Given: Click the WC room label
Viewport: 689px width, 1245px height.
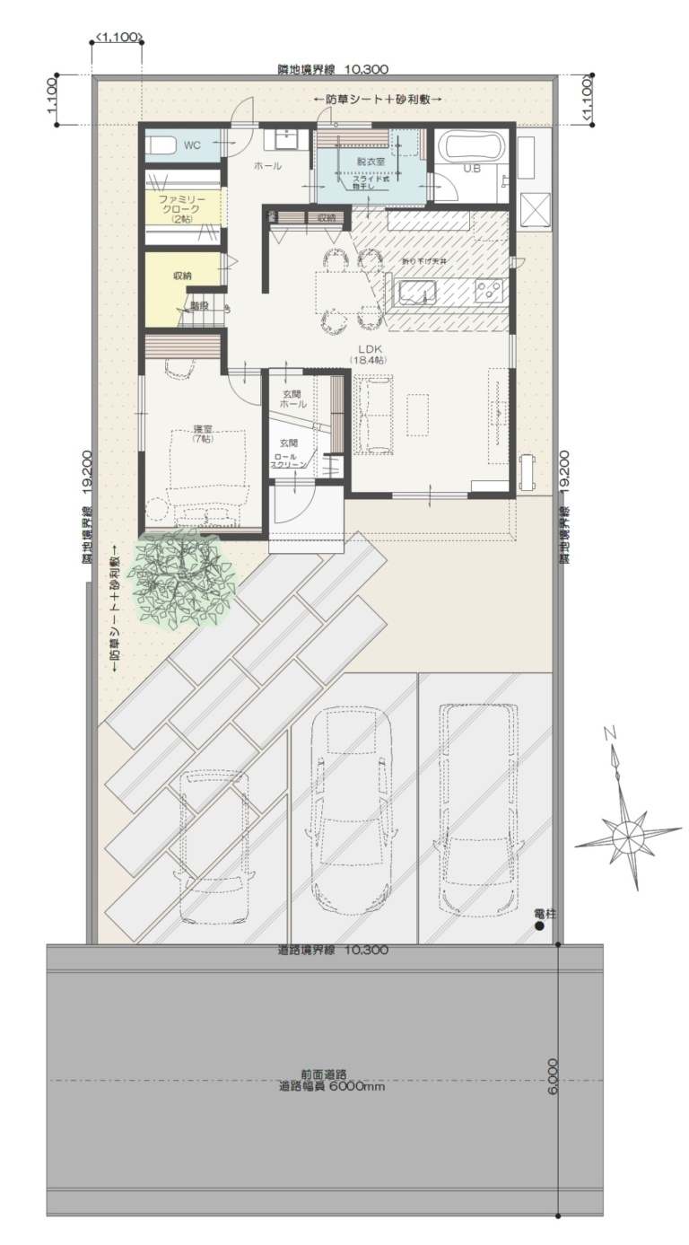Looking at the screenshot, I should tap(192, 145).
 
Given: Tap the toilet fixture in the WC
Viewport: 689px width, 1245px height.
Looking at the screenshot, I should tap(162, 145).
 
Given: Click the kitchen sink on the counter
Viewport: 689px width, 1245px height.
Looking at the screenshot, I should tap(416, 291).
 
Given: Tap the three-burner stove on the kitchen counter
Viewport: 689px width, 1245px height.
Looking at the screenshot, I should tap(490, 290).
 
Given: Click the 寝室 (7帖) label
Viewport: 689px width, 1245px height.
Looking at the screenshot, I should tap(202, 434).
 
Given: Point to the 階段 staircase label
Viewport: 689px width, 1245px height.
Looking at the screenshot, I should tap(198, 305).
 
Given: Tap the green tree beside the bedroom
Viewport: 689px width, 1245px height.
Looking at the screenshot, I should tap(181, 574).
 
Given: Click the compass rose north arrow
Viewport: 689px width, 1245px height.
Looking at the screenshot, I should tap(626, 833).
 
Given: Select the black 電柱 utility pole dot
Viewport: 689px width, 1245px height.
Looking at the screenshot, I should tap(539, 925).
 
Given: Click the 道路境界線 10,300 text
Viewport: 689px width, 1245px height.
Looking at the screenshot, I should tap(332, 950).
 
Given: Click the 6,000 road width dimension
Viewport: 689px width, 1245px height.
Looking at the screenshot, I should tap(552, 1075).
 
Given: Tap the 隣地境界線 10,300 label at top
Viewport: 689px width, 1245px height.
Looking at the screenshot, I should tap(332, 68).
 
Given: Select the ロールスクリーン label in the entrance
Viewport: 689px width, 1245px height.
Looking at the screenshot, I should tap(290, 460).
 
